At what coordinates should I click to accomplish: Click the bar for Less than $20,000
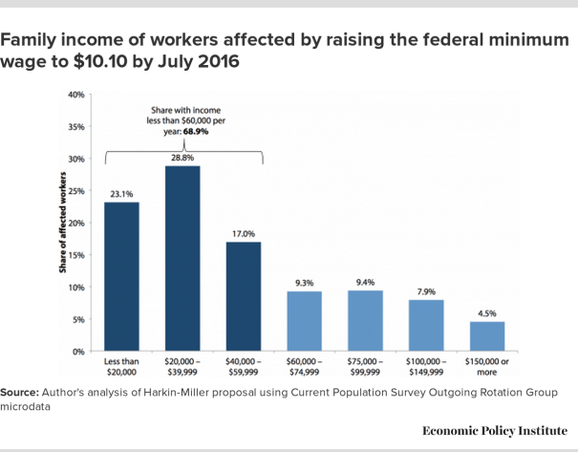pos(121,277)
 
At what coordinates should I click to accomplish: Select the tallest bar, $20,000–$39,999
pos(182,258)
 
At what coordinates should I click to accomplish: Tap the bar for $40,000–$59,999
pos(244,296)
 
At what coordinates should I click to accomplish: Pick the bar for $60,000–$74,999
pos(305,321)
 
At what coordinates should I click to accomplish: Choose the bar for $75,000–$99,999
pos(366,321)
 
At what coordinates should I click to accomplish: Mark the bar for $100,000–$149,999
pos(427,326)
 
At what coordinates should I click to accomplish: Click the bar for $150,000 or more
pos(488,336)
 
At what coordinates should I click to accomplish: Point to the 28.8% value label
pos(182,158)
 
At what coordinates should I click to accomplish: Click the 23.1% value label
pos(121,194)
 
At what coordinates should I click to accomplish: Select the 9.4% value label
pos(366,283)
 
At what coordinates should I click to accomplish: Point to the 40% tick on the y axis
pos(77,95)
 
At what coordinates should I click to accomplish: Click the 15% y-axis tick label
pos(77,255)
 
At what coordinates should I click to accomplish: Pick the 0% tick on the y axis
pos(79,352)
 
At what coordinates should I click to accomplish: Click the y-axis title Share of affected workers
pos(60,224)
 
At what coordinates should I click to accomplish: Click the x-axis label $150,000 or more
pos(488,368)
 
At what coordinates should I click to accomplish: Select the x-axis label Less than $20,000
pos(121,368)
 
